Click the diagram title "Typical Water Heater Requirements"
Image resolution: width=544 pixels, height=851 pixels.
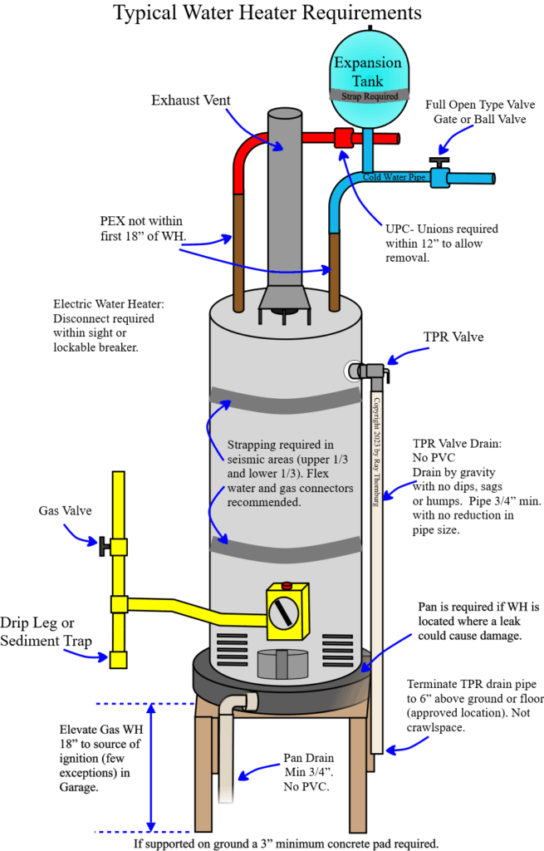267,14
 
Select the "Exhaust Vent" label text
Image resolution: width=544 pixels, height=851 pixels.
189,101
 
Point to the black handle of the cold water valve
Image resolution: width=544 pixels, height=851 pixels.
439,160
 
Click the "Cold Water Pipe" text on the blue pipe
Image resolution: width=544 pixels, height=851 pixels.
395,177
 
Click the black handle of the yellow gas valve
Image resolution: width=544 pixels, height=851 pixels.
104,546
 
